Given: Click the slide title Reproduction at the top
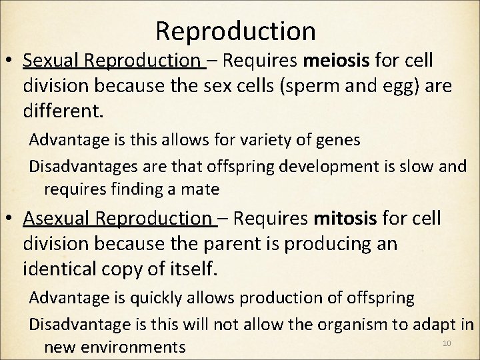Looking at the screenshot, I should coord(235,30).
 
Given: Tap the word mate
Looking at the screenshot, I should coord(203,189).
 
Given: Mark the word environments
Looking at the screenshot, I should coord(134,347).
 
